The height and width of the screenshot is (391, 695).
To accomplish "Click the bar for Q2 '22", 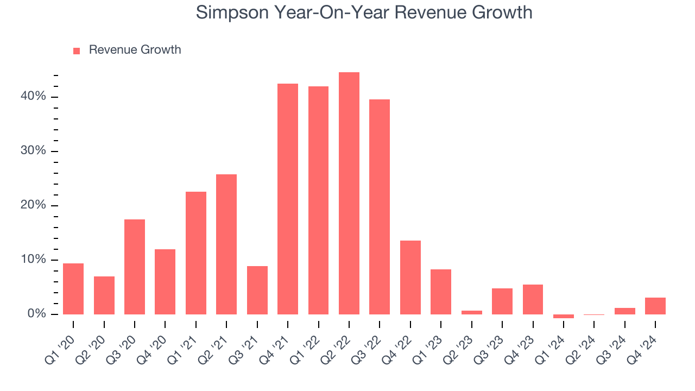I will click(x=349, y=193).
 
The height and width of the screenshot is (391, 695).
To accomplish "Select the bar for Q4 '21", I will click(x=288, y=199).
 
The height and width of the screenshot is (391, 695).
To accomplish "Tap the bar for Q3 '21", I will click(x=257, y=290).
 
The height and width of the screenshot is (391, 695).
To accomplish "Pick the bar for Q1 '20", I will click(x=73, y=289).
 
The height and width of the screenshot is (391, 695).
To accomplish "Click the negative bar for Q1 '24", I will click(x=564, y=316).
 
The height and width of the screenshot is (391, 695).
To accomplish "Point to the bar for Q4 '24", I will click(x=655, y=306).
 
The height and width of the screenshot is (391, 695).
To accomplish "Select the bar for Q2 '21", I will click(x=226, y=244).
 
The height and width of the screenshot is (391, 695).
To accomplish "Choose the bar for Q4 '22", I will click(x=410, y=278).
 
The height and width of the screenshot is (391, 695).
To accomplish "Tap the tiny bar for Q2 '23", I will click(x=472, y=312).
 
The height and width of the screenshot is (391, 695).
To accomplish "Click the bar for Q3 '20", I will click(x=135, y=267).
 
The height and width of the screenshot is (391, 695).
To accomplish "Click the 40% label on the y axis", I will click(x=33, y=96).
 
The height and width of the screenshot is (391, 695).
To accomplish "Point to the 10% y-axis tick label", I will click(x=33, y=260).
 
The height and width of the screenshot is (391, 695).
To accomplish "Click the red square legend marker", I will click(x=77, y=51).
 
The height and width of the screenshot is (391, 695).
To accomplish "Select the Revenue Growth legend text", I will click(x=135, y=50).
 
